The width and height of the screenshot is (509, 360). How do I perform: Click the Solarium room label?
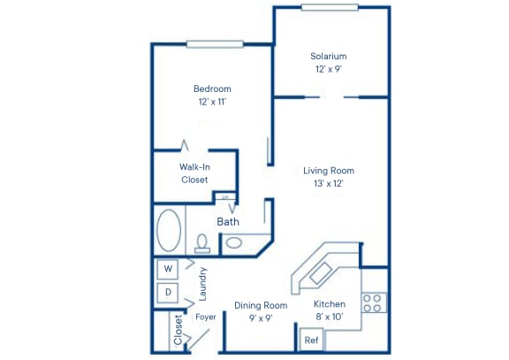pyautogui.click(x=328, y=57)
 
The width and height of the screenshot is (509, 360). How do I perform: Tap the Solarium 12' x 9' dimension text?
pyautogui.click(x=328, y=69)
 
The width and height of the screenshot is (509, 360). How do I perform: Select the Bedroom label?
pyautogui.click(x=212, y=88)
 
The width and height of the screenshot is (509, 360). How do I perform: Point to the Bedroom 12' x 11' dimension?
pyautogui.click(x=212, y=102)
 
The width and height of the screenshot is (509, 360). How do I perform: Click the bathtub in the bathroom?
pyautogui.click(x=169, y=231)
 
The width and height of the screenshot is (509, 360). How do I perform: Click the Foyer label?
pyautogui.click(x=206, y=317)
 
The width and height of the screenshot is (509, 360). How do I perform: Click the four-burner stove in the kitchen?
pyautogui.click(x=372, y=303)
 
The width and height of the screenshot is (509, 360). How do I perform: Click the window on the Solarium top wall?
pyautogui.click(x=330, y=8)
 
